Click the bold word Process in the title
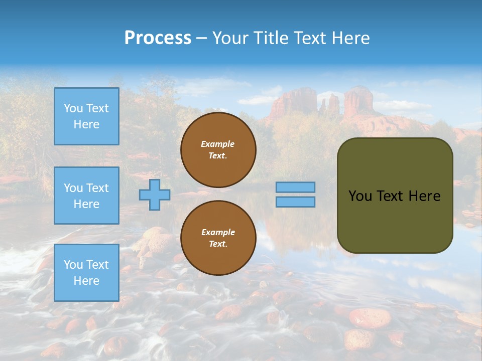pos(158,38)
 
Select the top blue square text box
pos(86,116)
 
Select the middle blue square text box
pos(86,196)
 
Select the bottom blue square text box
pos(86,273)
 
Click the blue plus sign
pos(155,195)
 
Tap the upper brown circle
pos(218,150)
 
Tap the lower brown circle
pos(218,238)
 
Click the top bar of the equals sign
pos(296,188)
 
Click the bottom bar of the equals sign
pos(296,202)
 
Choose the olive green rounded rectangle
pos(395,221)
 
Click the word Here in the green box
pos(424,196)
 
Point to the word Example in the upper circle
pos(218,144)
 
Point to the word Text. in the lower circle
pos(218,244)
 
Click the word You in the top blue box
pos(73,108)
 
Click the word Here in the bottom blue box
pos(86,281)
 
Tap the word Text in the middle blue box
pos(97,188)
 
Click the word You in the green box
pos(360,196)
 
